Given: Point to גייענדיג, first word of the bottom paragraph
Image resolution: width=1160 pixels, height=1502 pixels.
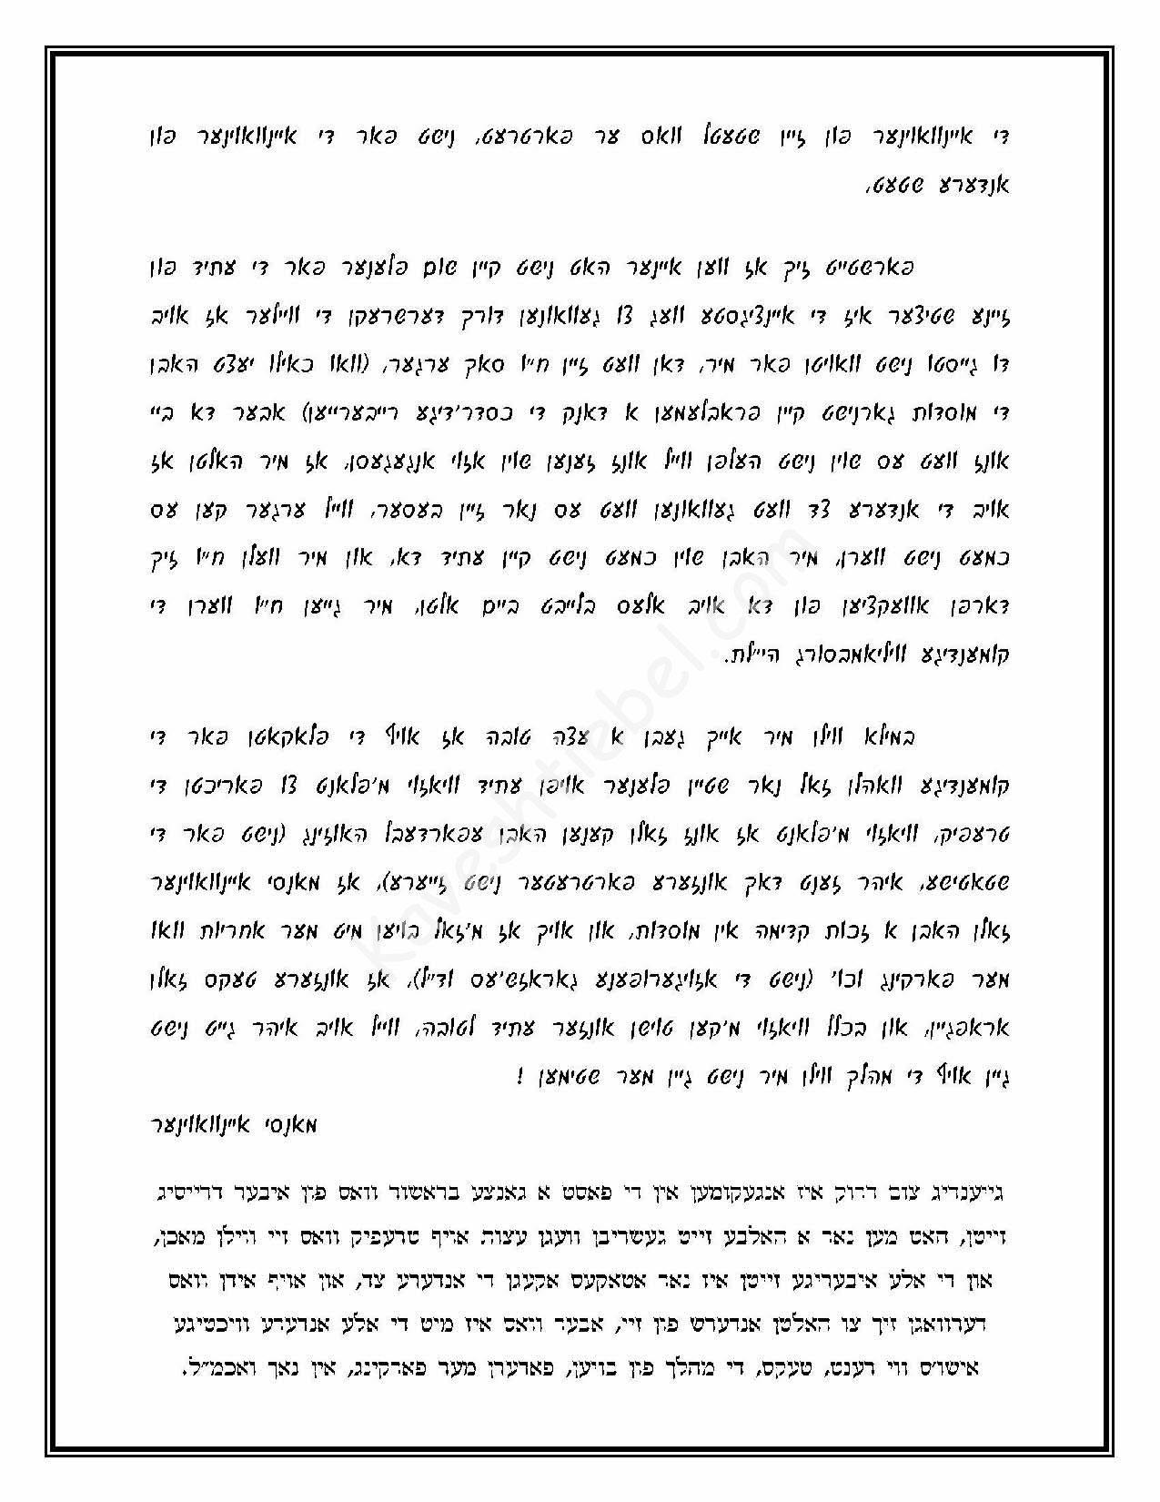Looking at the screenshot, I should click(x=976, y=1191).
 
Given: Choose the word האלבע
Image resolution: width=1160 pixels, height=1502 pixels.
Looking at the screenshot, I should click(x=769, y=1236).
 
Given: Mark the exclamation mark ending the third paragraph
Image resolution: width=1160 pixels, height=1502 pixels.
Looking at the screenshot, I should click(x=519, y=1077).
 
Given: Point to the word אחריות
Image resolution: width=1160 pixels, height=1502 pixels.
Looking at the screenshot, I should click(x=217, y=931).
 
